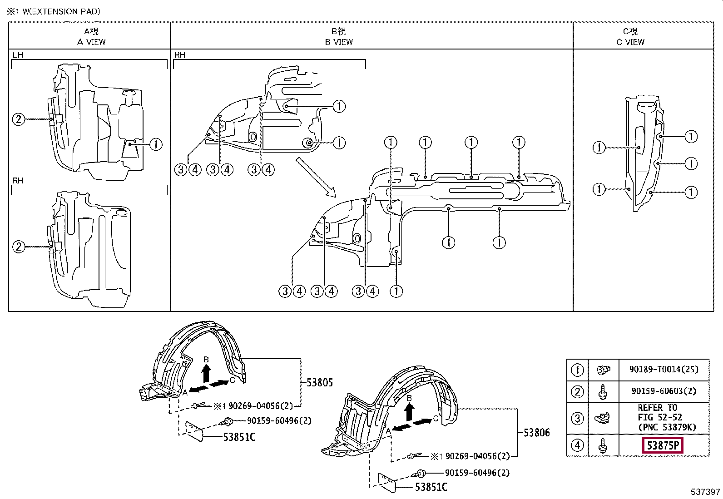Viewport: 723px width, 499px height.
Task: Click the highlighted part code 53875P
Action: point(662,445)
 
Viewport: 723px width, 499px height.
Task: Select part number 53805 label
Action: point(319,382)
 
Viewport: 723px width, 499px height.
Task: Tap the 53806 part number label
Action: point(536,433)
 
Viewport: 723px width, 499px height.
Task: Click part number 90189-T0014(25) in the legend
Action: point(664,369)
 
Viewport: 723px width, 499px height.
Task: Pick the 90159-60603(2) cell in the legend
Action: point(664,391)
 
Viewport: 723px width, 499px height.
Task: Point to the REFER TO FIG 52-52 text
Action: point(660,412)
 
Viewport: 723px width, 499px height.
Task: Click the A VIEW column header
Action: point(91,42)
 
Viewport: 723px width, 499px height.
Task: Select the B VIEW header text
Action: point(339,42)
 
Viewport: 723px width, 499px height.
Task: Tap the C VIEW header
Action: point(630,42)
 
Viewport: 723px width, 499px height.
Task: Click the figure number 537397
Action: point(705,492)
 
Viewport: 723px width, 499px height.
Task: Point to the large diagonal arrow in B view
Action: point(316,177)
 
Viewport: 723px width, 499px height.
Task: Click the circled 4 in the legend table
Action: point(577,445)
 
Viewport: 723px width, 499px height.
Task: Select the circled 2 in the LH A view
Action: point(19,119)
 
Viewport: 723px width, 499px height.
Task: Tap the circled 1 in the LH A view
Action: point(156,144)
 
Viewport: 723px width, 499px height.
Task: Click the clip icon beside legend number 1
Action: point(603,370)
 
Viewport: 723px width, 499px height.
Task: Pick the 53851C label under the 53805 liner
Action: point(239,437)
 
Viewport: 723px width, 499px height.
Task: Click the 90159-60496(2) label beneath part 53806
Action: point(477,473)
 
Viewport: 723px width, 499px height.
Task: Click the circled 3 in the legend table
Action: point(577,419)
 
